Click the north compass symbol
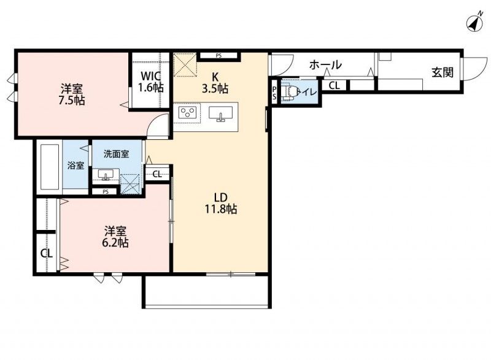click(474, 23)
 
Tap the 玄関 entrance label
click(443, 72)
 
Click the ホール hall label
click(325, 65)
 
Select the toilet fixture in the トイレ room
click(288, 92)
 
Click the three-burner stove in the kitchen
click(187, 113)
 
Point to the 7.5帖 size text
click(72, 101)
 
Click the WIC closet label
click(151, 75)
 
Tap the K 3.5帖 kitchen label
click(215, 83)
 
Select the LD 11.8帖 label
click(221, 203)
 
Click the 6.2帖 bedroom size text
click(115, 243)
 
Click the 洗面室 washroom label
click(116, 154)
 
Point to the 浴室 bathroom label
click(75, 166)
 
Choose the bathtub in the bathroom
click(50, 167)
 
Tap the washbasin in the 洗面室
click(106, 174)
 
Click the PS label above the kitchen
click(218, 56)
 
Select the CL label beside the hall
click(334, 85)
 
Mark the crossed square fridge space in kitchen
click(185, 65)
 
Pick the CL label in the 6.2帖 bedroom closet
click(47, 253)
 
